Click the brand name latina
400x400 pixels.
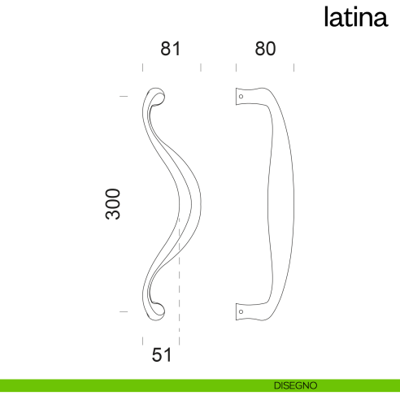point(355,17)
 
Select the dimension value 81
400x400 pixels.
point(169,49)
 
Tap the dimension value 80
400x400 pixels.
point(265,49)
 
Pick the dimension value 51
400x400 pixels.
point(163,355)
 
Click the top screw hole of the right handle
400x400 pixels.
point(241,97)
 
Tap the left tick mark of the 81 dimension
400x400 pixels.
point(143,68)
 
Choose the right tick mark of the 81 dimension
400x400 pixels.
point(201,68)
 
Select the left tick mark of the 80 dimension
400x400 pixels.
point(236,68)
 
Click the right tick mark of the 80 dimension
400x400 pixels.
point(293,68)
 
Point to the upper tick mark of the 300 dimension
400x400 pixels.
point(124,96)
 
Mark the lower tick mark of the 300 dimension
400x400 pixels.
point(124,311)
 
